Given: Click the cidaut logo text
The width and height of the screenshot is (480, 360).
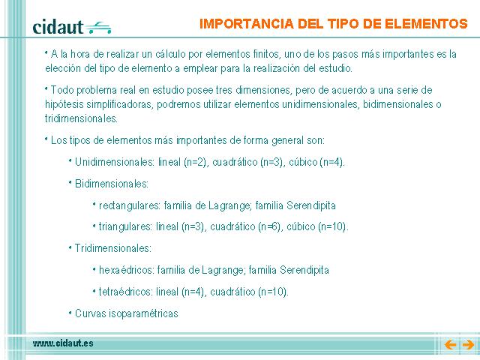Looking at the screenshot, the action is click(x=58, y=27).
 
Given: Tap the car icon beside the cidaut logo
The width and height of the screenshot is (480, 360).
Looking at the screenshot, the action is click(x=98, y=28).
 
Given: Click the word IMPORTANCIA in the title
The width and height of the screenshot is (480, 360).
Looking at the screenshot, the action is click(x=247, y=24).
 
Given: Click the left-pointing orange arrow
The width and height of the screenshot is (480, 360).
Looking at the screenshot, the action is click(x=450, y=345).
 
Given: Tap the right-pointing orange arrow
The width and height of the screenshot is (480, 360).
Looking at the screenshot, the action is click(x=468, y=345).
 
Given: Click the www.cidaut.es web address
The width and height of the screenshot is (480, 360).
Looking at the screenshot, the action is click(x=63, y=343).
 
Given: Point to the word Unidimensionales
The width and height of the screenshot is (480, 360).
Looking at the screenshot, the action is click(x=113, y=162).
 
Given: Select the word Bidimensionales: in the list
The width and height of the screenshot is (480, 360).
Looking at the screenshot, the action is click(x=112, y=184).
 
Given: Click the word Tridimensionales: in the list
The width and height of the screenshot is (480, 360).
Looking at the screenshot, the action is click(x=113, y=248).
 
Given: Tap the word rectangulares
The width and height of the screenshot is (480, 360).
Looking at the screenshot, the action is click(x=128, y=205).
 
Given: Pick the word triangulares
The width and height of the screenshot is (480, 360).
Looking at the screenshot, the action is click(x=125, y=226).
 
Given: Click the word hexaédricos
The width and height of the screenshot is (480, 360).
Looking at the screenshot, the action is click(x=126, y=270).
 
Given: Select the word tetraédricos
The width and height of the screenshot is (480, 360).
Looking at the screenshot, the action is click(x=125, y=292).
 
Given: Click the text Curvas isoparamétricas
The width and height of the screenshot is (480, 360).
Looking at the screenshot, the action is click(x=127, y=313).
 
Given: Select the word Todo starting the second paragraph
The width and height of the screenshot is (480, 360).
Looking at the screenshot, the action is click(x=62, y=90).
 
